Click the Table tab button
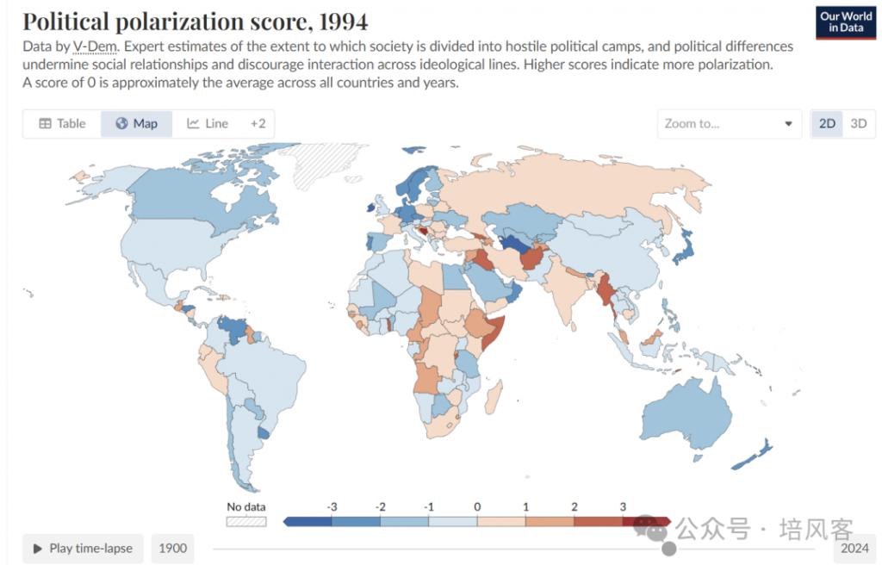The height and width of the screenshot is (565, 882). click(x=62, y=123)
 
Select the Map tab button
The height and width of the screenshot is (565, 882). click(x=136, y=123)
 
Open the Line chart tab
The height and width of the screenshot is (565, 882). click(x=208, y=123)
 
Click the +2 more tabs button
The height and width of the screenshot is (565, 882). click(x=258, y=123)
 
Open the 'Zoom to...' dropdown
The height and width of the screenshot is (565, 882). click(x=729, y=123)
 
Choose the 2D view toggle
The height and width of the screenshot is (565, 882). click(x=827, y=123)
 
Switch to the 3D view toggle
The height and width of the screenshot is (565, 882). click(x=858, y=123)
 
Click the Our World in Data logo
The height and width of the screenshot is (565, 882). click(x=846, y=22)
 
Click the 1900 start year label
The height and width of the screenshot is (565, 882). click(x=173, y=548)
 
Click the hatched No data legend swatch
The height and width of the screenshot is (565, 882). click(x=246, y=521)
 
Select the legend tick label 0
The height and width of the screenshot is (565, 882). click(x=477, y=507)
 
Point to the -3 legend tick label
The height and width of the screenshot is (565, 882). click(x=332, y=507)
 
